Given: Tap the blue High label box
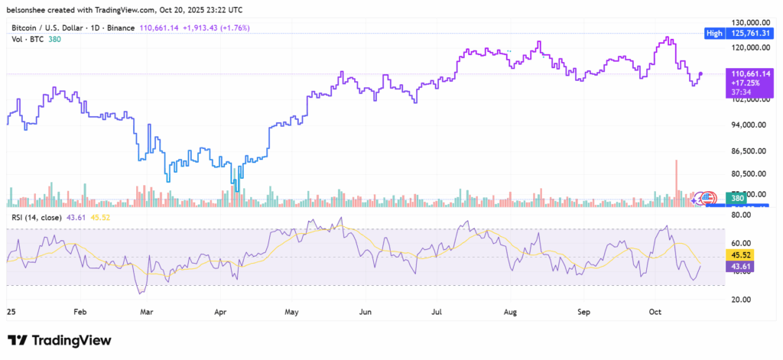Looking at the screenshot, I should (714, 34).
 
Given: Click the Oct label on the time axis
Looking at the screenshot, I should (655, 313).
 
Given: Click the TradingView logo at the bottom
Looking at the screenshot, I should (60, 340).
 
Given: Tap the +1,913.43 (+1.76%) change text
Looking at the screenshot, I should (226, 28).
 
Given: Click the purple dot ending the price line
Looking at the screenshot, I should (701, 73).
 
